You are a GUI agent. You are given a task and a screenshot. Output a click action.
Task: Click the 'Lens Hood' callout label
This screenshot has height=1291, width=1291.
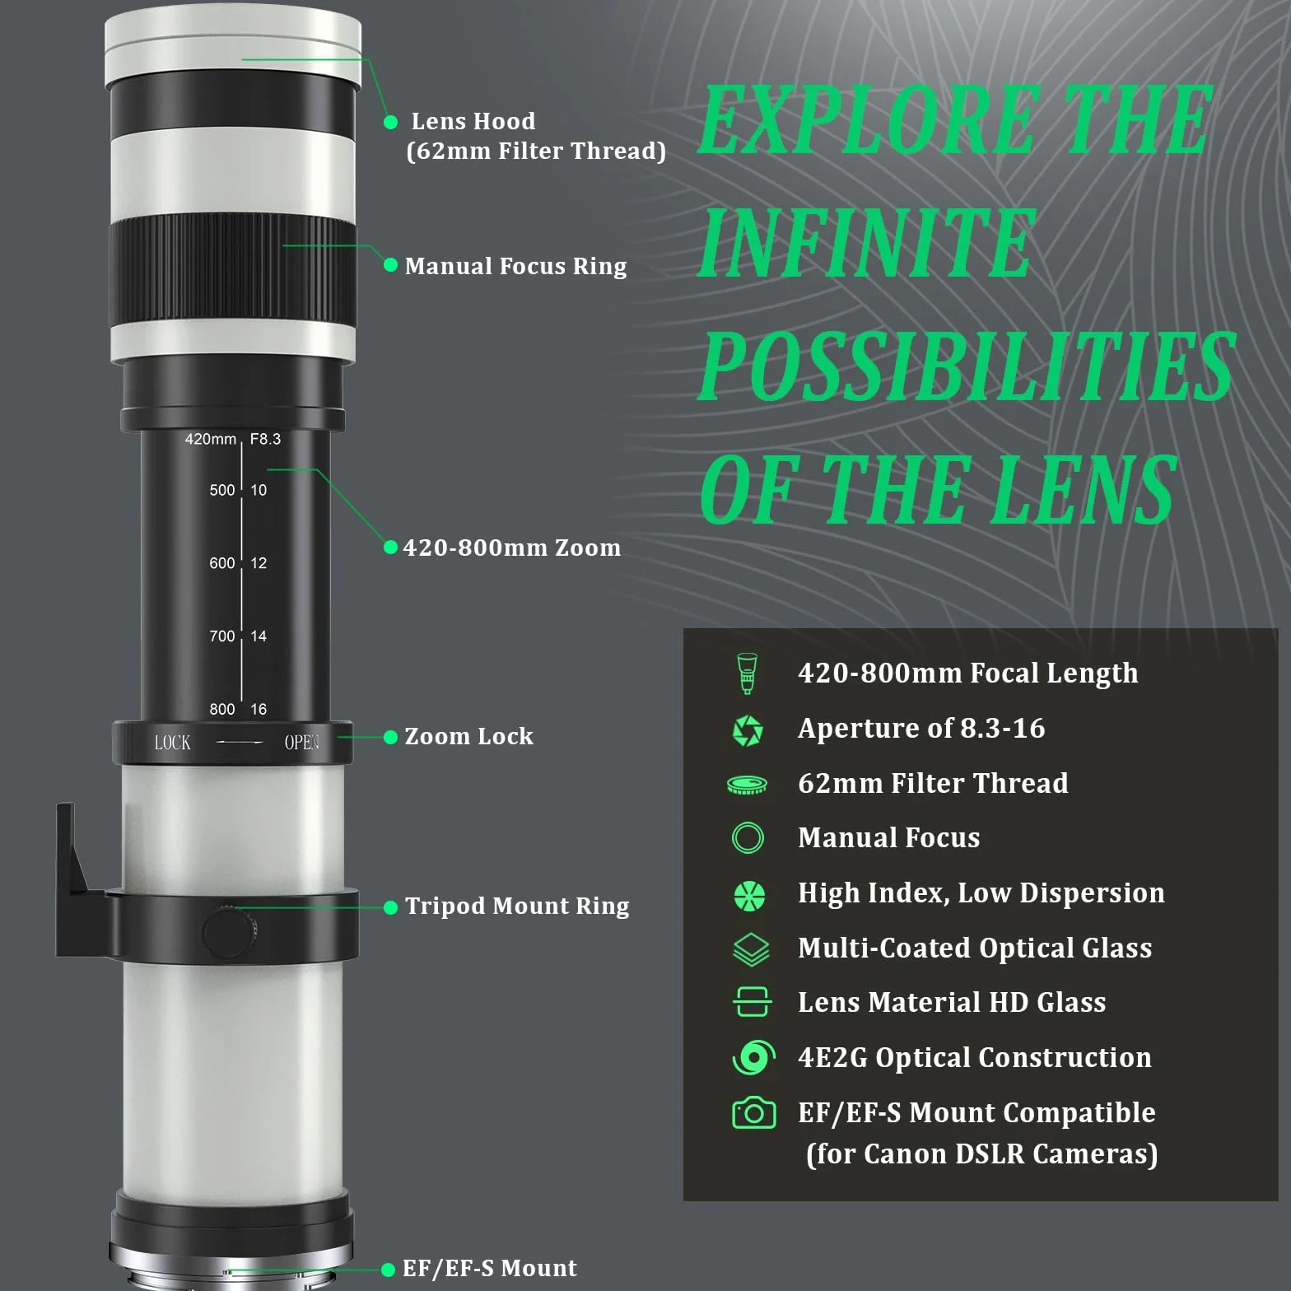tap(473, 122)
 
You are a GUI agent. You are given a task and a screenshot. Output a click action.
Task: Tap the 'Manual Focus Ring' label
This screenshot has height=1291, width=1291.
tap(515, 267)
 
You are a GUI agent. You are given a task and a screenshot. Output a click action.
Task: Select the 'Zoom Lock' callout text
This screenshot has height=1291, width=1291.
tap(468, 736)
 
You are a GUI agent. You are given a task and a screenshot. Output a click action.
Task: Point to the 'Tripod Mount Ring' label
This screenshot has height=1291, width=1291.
tap(517, 906)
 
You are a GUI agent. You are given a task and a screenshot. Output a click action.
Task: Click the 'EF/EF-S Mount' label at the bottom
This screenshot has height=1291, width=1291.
tap(489, 1268)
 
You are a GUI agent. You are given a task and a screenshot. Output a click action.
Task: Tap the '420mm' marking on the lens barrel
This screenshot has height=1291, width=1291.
tap(210, 440)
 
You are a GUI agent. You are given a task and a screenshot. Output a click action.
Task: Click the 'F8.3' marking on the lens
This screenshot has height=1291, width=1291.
tap(265, 440)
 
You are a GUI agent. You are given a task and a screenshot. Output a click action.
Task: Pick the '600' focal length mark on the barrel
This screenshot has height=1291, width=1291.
tap(222, 563)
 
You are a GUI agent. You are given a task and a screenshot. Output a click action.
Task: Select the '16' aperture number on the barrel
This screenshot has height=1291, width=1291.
tap(259, 709)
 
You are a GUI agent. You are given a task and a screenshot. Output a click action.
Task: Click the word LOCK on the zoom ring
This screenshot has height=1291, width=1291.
tap(172, 743)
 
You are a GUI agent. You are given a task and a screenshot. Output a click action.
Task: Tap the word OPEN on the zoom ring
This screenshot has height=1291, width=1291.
tap(301, 743)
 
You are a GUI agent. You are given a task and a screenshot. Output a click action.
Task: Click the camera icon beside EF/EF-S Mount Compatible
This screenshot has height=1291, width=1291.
tap(753, 1112)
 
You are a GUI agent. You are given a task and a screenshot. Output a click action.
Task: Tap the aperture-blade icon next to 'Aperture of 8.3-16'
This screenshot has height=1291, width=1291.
tap(748, 730)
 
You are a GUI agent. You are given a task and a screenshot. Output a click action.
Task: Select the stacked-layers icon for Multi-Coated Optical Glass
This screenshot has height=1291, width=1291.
tap(750, 949)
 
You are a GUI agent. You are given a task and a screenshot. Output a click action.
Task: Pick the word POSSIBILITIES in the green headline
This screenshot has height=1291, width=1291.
tap(967, 366)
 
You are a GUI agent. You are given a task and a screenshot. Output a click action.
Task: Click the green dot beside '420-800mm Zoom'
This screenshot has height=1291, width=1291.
tap(391, 548)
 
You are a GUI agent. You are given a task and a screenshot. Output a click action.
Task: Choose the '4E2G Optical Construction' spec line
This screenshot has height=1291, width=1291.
tap(975, 1058)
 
